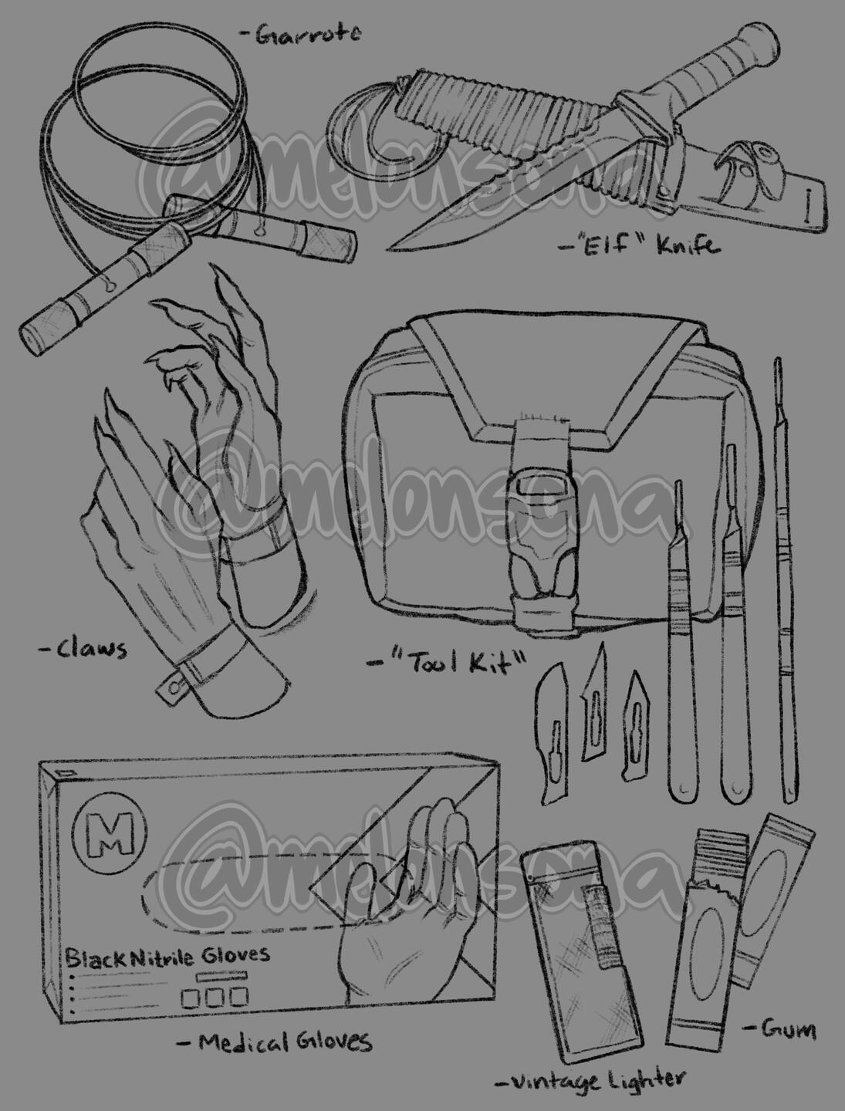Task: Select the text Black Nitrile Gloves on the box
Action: click(167, 956)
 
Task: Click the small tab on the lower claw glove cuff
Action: click(171, 687)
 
